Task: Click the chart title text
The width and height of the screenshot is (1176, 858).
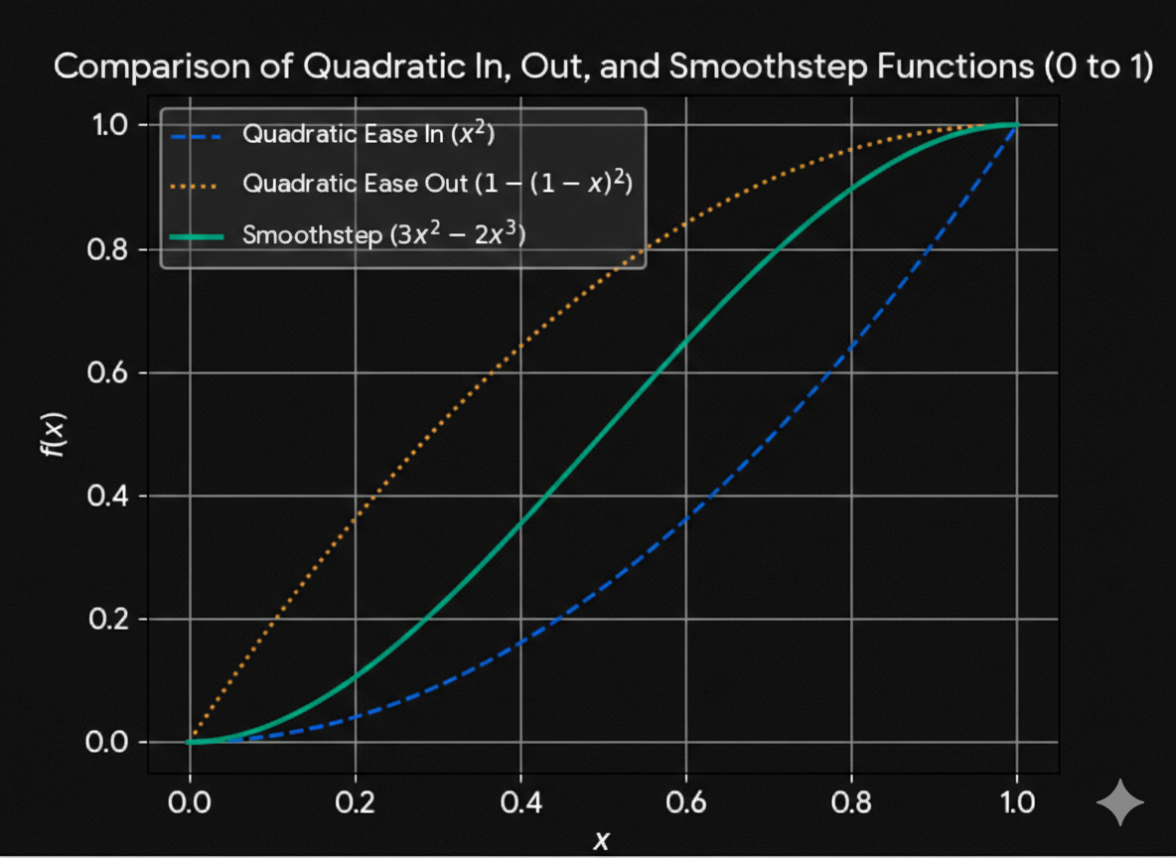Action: click(603, 68)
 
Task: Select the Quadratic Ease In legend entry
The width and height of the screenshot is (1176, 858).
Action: click(367, 135)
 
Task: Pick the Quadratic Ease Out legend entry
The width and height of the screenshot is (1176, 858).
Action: click(437, 185)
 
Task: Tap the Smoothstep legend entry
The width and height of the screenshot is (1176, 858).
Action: click(383, 235)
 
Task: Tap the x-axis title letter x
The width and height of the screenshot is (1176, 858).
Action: click(601, 841)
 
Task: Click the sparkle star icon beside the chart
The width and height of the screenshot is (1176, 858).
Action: click(1119, 802)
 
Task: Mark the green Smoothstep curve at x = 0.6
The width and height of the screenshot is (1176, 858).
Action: click(686, 343)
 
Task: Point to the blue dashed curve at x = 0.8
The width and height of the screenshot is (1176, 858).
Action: click(851, 348)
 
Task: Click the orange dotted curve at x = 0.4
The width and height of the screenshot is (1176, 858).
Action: click(520, 348)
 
